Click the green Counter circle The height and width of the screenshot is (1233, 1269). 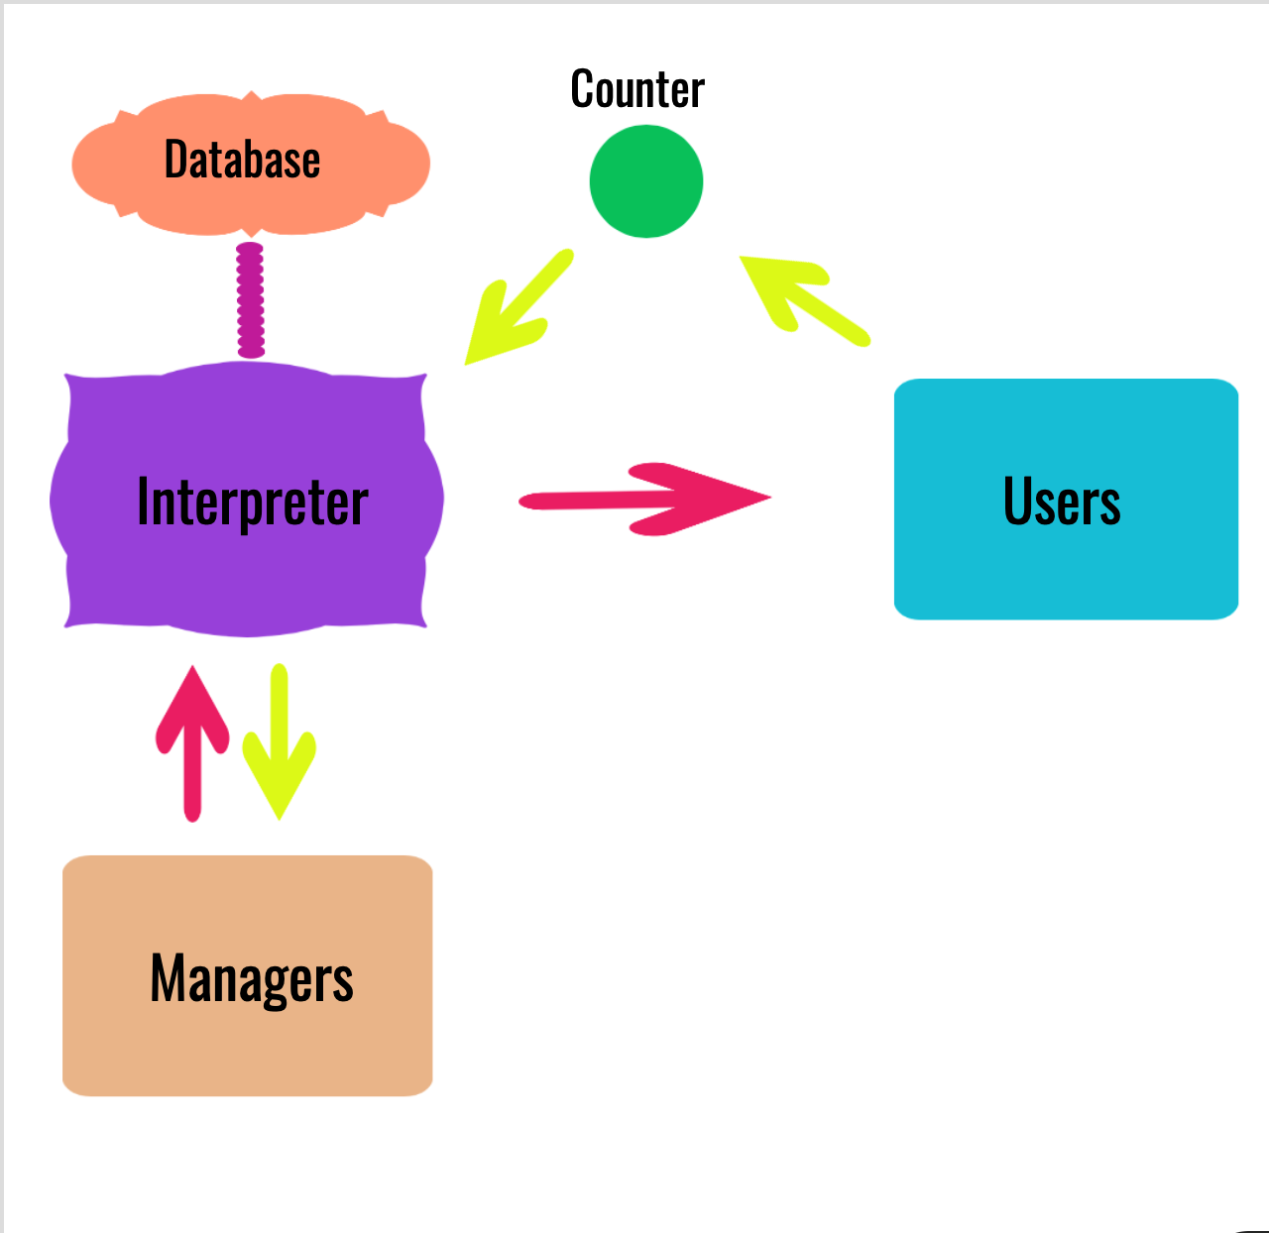tap(646, 181)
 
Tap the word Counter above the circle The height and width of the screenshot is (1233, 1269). tap(637, 89)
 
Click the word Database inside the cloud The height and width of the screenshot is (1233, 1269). tap(242, 160)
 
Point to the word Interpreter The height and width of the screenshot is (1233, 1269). tap(252, 502)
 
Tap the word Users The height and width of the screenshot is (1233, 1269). tap(1062, 502)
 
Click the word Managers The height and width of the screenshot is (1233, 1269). tap(252, 978)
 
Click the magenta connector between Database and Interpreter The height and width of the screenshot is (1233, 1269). tap(251, 299)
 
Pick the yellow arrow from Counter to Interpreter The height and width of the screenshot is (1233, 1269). tap(520, 307)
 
